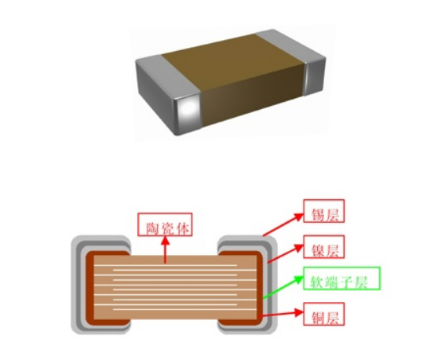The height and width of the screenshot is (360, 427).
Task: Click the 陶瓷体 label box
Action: [x=165, y=224]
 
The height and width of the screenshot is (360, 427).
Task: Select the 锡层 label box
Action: [x=324, y=211]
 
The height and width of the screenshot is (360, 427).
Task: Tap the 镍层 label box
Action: [x=324, y=247]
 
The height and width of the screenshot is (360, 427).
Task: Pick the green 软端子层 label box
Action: [x=341, y=278]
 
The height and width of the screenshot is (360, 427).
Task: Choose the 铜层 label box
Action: [x=324, y=314]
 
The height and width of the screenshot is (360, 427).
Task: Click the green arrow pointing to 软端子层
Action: [x=283, y=287]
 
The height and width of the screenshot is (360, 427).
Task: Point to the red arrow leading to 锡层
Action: [x=283, y=224]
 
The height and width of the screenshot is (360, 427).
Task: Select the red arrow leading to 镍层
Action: [x=286, y=253]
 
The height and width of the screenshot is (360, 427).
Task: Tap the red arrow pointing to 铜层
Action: [x=281, y=314]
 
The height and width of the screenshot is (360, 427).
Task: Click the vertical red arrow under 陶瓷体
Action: [x=165, y=249]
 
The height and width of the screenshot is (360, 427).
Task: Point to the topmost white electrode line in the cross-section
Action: [x=166, y=265]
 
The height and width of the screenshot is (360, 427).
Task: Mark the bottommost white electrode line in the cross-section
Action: [x=185, y=309]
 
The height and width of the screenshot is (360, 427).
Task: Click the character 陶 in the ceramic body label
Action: [x=153, y=228]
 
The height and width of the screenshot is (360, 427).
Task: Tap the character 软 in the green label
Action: [x=317, y=282]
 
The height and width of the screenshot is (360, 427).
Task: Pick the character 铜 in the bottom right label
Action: [x=318, y=318]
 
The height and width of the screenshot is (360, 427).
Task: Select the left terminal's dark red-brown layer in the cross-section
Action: [x=89, y=289]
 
